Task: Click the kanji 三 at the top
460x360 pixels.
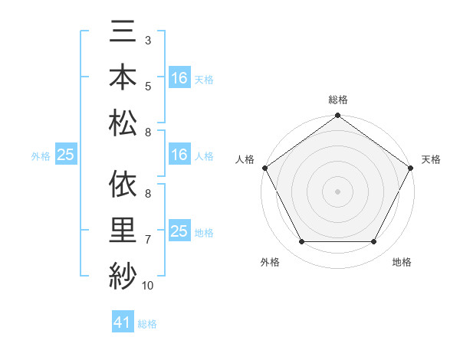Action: point(123,34)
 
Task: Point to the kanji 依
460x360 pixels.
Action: point(123,185)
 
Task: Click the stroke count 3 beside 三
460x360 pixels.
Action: point(147,38)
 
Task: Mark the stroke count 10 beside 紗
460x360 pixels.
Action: point(148,286)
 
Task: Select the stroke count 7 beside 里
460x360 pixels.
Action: point(147,240)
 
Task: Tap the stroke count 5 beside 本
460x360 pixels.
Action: point(147,86)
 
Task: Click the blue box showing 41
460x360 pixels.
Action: point(123,322)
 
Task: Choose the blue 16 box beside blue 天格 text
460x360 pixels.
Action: point(179,78)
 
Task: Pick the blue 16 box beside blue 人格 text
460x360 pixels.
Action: point(179,155)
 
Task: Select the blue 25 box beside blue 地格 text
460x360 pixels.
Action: point(179,231)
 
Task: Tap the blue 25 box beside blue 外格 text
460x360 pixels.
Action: point(65,155)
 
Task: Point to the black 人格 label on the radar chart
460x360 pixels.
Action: point(244,159)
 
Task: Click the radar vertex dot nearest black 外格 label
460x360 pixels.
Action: point(301,242)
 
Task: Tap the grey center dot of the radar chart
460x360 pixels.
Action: point(337,191)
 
